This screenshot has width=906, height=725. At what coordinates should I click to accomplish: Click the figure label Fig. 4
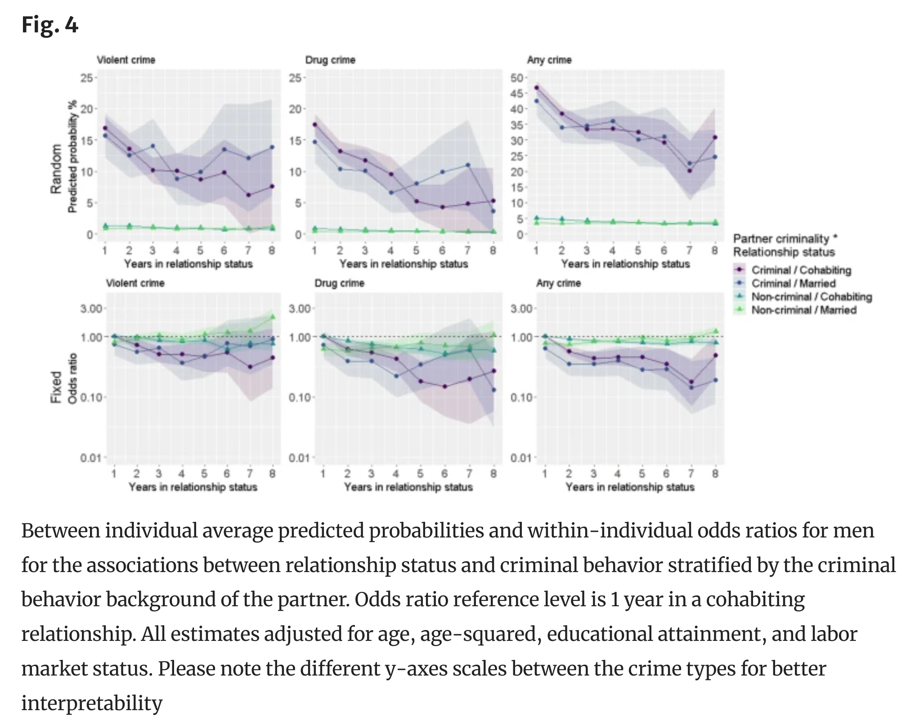click(x=50, y=25)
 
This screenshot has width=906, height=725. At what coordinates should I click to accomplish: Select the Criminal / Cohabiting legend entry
click(x=801, y=270)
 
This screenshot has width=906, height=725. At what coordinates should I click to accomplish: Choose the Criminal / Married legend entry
click(x=794, y=283)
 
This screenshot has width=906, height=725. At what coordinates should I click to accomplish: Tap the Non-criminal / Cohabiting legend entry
click(x=812, y=297)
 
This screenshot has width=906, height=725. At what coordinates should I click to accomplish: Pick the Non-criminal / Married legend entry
click(x=804, y=310)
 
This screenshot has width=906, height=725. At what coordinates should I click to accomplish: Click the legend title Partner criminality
click(x=785, y=239)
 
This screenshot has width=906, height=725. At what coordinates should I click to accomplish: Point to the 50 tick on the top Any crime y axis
click(x=517, y=78)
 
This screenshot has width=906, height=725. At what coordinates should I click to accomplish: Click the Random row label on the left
click(x=56, y=169)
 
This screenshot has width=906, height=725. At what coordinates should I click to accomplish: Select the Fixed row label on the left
click(x=56, y=387)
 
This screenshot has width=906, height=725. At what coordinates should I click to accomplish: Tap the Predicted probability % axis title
click(x=72, y=157)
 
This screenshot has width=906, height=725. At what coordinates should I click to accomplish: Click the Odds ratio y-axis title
click(x=72, y=379)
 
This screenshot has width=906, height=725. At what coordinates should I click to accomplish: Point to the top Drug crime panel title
click(x=330, y=60)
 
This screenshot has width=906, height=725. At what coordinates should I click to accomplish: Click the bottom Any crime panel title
click(x=558, y=283)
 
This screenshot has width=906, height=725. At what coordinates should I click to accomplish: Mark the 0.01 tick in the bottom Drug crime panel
click(x=299, y=458)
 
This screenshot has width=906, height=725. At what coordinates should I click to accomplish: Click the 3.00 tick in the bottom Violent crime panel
click(x=91, y=309)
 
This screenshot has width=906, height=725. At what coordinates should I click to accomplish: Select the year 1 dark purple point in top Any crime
click(x=536, y=88)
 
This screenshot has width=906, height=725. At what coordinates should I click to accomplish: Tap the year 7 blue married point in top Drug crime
click(x=468, y=165)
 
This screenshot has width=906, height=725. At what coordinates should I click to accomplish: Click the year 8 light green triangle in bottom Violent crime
click(x=273, y=317)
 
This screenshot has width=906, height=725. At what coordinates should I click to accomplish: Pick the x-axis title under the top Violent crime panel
click(x=188, y=264)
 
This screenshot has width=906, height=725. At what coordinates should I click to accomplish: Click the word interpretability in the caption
click(x=92, y=703)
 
